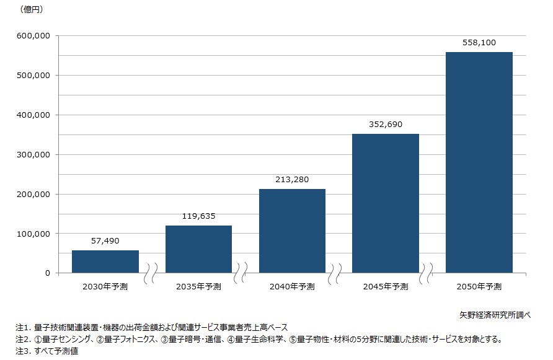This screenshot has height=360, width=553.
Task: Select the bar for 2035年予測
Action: click(198, 249)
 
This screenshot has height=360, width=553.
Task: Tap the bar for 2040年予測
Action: click(292, 230)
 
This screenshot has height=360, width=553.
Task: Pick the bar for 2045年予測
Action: click(386, 203)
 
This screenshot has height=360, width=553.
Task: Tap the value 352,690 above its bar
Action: click(386, 125)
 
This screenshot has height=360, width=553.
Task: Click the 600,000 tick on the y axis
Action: click(33, 36)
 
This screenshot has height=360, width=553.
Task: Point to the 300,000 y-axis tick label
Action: click(33, 154)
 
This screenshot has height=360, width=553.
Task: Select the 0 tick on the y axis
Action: click(47, 273)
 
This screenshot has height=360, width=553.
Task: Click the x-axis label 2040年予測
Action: click(292, 286)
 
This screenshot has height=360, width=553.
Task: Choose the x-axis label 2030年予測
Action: click(105, 286)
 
